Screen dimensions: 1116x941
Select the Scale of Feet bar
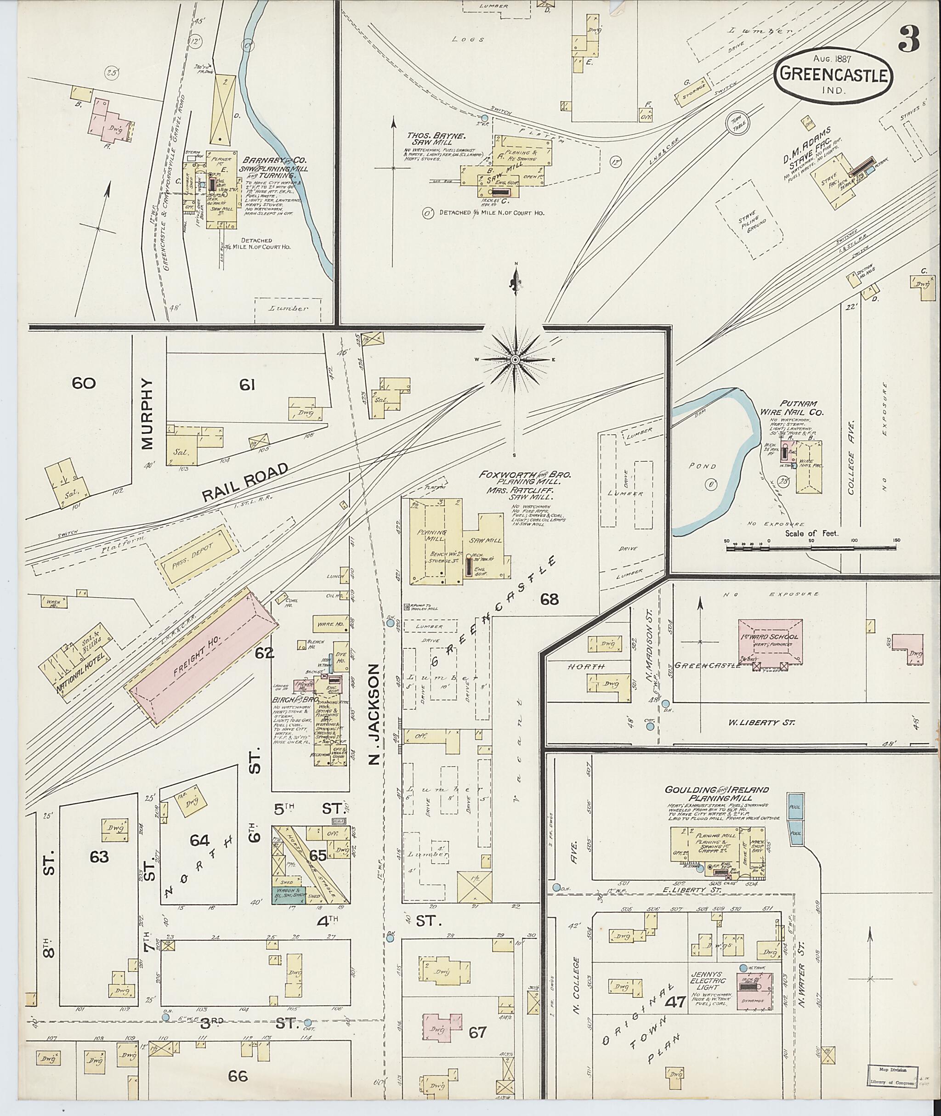811,547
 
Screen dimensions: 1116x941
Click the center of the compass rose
516,360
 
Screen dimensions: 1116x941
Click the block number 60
84,383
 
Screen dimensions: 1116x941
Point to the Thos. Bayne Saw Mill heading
430,139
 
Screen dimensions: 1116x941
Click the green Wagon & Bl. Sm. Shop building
289,894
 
